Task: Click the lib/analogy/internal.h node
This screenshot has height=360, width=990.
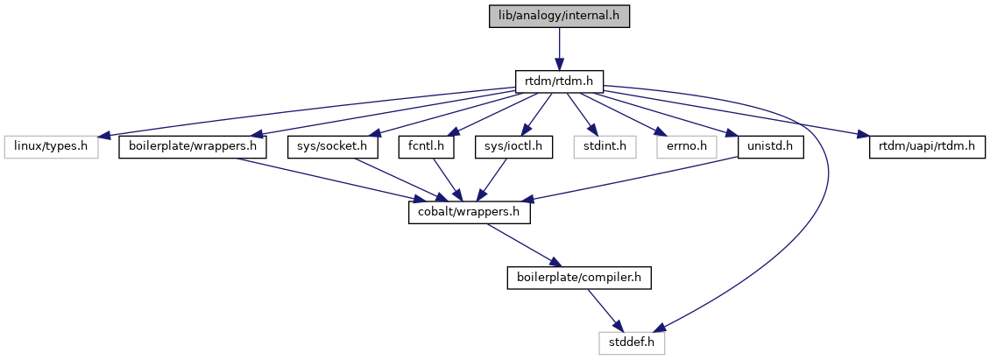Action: (x=559, y=16)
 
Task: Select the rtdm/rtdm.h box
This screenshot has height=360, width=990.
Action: (x=559, y=81)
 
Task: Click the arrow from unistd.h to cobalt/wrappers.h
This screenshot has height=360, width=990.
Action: (x=631, y=180)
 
